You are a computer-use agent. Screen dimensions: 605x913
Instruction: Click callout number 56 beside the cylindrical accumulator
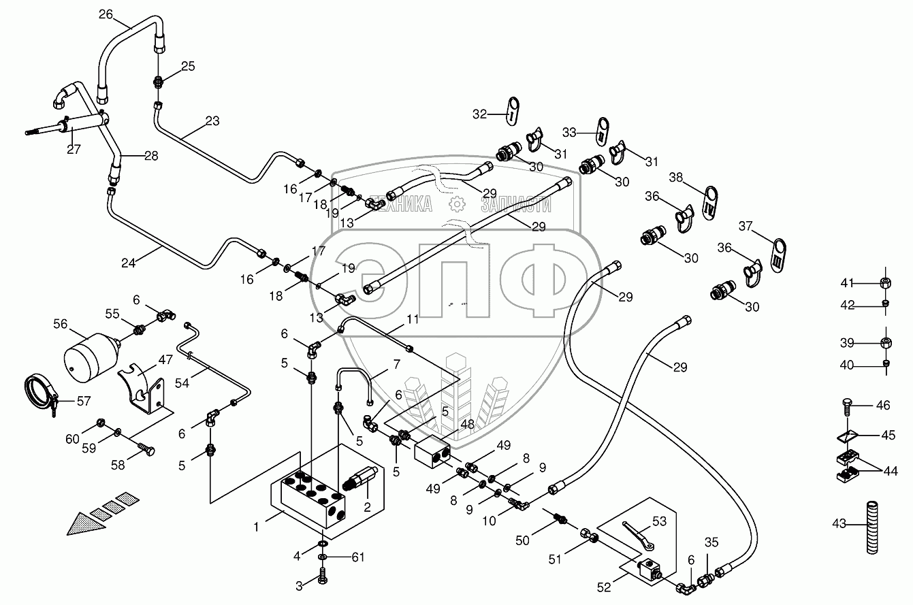61,325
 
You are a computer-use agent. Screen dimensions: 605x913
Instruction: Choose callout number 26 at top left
107,14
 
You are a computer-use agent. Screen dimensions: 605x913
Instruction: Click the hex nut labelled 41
886,283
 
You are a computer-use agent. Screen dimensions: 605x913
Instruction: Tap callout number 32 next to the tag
481,114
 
